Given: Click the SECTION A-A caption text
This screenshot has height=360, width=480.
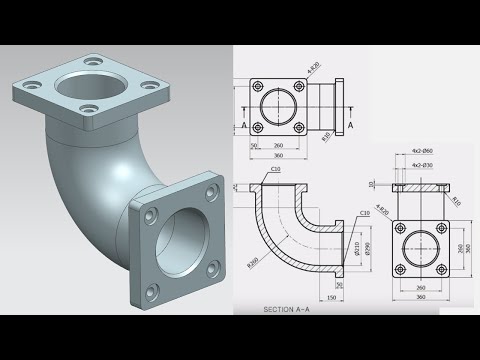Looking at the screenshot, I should click(x=290, y=310).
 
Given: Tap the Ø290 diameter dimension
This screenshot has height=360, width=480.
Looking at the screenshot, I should click(x=367, y=248).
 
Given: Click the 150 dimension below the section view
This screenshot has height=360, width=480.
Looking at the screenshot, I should click(x=331, y=297).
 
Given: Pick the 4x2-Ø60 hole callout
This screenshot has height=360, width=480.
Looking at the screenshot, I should click(x=421, y=151).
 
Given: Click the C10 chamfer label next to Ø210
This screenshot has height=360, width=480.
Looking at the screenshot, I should click(x=365, y=213).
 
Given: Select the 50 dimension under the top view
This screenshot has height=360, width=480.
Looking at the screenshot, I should click(x=255, y=145).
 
